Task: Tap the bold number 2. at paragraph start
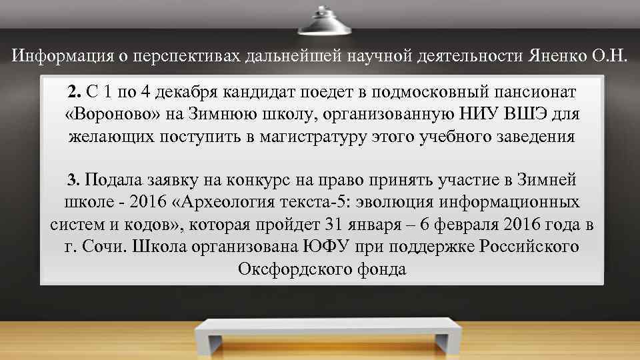pyautogui.click(x=73, y=90)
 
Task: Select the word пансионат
pyautogui.click(x=520, y=90)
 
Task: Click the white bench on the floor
pyautogui.click(x=320, y=333)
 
